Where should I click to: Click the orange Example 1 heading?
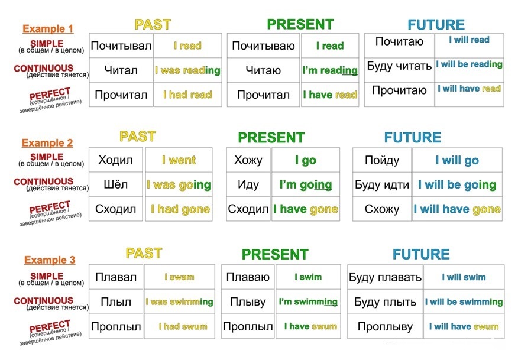[48, 28]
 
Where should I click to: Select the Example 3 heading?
[50, 260]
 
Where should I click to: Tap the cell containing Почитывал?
[121, 46]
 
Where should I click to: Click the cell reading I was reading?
[187, 70]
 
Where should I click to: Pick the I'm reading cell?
[330, 70]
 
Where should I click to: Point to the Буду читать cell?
[399, 66]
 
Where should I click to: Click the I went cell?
[179, 160]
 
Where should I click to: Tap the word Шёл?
[115, 184]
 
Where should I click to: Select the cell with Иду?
[248, 184]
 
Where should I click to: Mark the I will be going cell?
[457, 184]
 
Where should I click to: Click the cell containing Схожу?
[382, 209]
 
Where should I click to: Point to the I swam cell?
[180, 277]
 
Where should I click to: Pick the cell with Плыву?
[248, 301]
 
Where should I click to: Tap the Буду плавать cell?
[385, 277]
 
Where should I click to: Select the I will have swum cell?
[464, 326]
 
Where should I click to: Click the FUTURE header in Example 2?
[413, 138]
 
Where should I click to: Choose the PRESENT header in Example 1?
[300, 24]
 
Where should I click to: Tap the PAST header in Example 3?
[144, 254]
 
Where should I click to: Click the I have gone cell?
[306, 209]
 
